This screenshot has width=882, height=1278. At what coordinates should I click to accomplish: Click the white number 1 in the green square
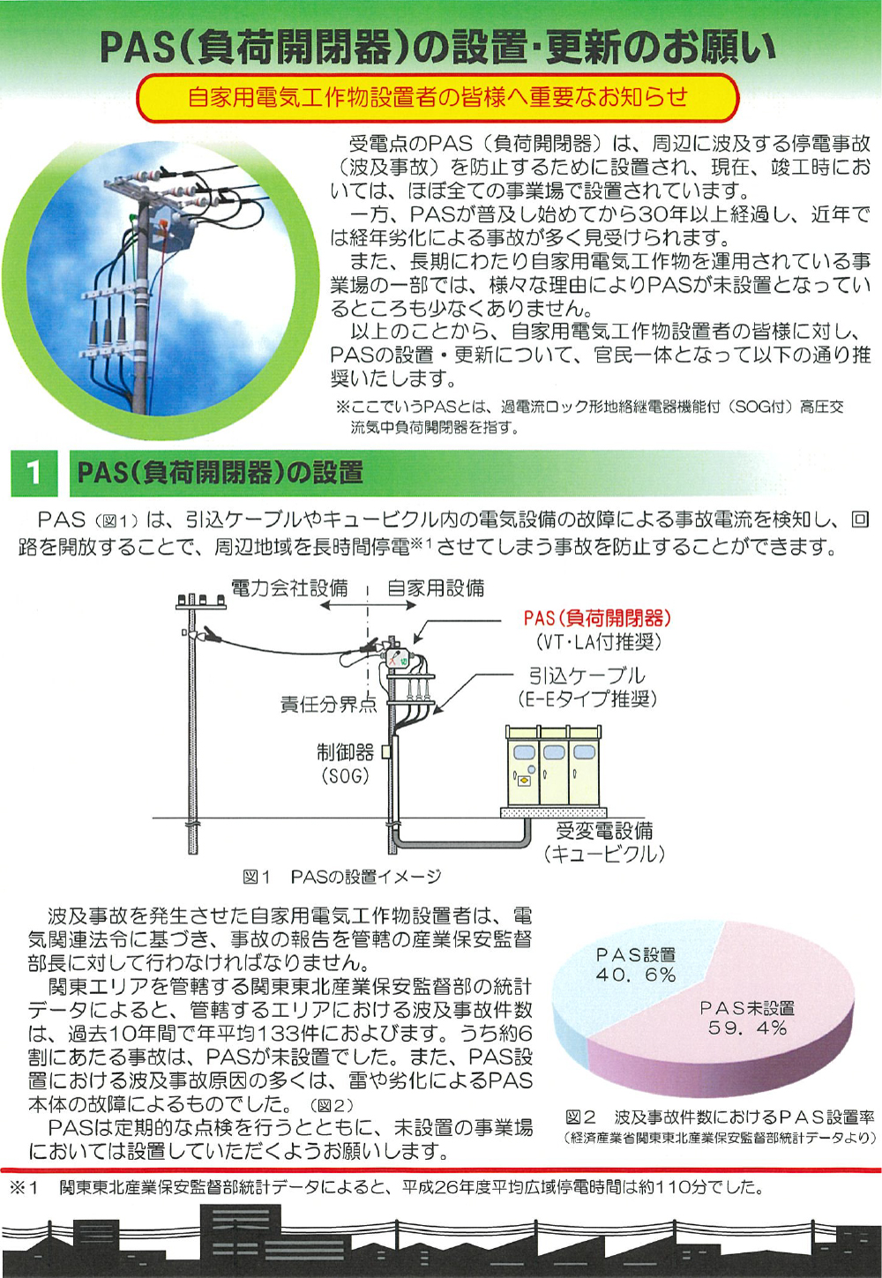34,473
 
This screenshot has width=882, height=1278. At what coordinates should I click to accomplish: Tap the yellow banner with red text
438,97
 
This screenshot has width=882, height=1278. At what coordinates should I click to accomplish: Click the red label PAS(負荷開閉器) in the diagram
597,618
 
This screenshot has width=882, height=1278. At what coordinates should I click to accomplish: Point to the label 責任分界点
329,706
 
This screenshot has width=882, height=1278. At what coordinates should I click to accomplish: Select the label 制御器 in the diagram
345,752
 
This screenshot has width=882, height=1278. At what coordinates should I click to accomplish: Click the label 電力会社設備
289,587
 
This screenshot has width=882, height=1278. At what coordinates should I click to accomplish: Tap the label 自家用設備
436,587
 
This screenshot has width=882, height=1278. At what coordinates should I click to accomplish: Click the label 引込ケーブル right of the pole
587,676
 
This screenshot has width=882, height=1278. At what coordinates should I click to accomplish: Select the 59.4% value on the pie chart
747,1028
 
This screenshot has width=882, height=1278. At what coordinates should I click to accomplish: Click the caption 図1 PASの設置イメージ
342,877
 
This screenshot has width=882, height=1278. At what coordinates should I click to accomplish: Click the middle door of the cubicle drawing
554,774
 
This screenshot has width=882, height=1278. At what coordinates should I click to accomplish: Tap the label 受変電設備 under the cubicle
605,830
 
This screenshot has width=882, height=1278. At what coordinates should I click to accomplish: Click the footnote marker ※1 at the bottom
24,1188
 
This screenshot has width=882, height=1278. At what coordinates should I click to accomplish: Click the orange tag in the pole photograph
161,223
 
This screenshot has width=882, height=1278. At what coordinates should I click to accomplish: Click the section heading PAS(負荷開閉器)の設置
220,473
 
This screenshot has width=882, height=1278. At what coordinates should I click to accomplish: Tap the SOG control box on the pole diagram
386,752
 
